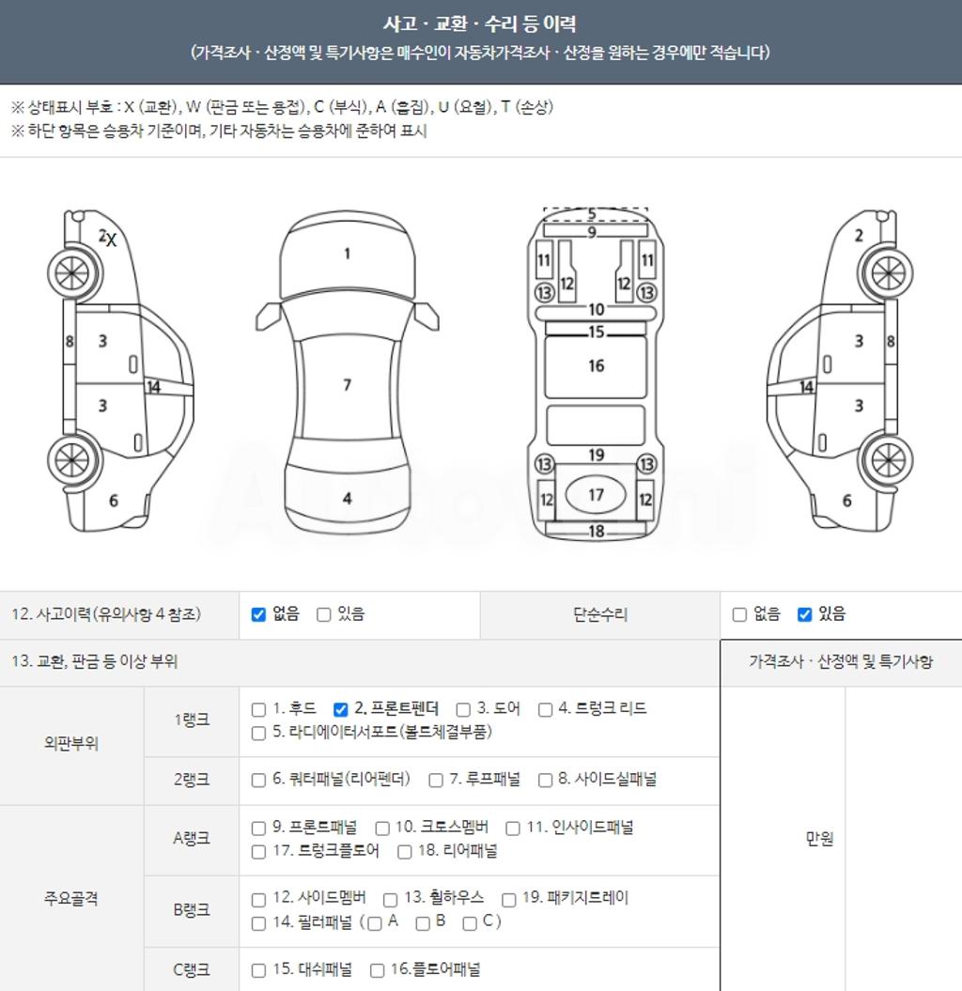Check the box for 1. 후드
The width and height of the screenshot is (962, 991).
(258, 710)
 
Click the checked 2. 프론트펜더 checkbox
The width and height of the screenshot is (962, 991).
(341, 710)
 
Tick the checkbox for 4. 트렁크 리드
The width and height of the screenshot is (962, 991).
(545, 710)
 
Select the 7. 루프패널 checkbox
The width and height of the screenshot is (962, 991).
(436, 781)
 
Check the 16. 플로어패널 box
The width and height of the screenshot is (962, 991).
(378, 970)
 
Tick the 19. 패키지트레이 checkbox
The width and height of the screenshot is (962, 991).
(509, 899)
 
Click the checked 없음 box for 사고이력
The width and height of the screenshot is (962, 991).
(258, 614)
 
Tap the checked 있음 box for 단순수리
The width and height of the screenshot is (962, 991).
(804, 614)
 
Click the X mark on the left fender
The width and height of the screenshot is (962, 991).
(112, 240)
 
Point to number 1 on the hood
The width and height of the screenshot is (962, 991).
(347, 254)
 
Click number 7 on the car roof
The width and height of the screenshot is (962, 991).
(347, 385)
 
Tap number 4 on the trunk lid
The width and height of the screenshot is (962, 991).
(347, 499)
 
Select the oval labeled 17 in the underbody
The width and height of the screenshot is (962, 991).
(596, 495)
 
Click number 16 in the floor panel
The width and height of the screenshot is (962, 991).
(596, 366)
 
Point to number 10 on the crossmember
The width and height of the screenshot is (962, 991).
(597, 310)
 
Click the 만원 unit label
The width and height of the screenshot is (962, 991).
(819, 839)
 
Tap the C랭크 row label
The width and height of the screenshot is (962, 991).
(192, 969)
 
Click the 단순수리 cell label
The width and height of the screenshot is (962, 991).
(599, 614)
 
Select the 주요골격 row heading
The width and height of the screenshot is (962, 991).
(70, 898)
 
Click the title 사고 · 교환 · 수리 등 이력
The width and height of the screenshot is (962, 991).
(480, 24)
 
